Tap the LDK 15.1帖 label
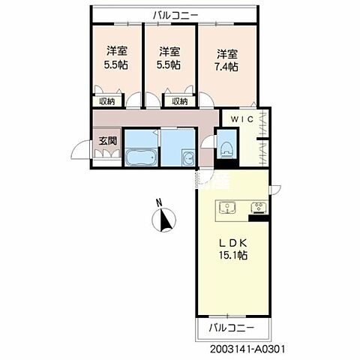click(233, 249)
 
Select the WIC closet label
click(242, 119)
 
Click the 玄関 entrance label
click(108, 141)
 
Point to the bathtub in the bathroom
click(141, 157)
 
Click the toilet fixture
click(227, 149)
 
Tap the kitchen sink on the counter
click(227, 208)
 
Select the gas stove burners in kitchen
click(259, 207)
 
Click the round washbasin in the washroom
click(188, 157)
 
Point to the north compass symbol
click(163, 220)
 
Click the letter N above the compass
click(158, 202)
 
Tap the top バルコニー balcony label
click(175, 16)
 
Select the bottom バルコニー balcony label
click(232, 327)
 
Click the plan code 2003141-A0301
click(247, 349)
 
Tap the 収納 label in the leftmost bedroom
click(107, 101)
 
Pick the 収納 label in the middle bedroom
click(180, 101)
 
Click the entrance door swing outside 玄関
click(80, 149)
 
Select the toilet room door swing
click(208, 142)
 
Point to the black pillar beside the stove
click(259, 218)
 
